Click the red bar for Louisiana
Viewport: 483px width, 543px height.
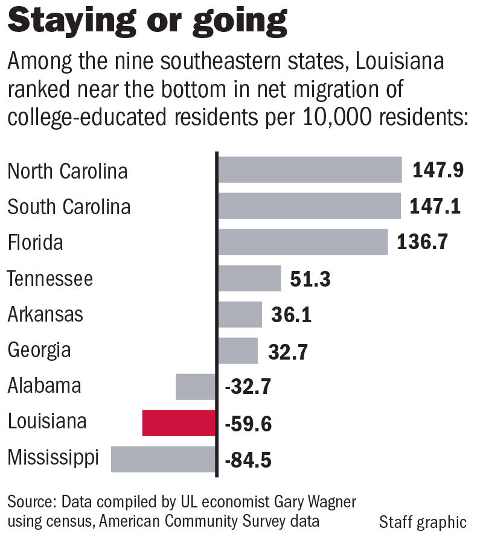(x=179, y=422)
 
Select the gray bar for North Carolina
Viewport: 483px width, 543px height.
(x=310, y=170)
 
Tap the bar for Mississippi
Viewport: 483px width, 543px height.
(x=164, y=459)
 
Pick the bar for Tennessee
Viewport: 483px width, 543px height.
(x=249, y=278)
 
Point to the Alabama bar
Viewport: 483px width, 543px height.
(x=196, y=387)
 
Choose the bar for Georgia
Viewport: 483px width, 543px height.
(x=238, y=351)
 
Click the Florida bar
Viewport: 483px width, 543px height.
(x=302, y=242)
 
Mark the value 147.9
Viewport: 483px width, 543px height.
(x=438, y=171)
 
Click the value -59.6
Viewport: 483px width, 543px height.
(x=248, y=424)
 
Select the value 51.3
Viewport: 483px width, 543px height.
(x=311, y=279)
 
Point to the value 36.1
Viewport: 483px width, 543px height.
(x=292, y=316)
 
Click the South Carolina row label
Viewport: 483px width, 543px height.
(x=69, y=207)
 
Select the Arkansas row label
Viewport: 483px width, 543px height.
(x=45, y=314)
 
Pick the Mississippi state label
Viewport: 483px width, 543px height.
(x=53, y=457)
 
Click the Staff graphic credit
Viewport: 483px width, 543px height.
(x=423, y=522)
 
